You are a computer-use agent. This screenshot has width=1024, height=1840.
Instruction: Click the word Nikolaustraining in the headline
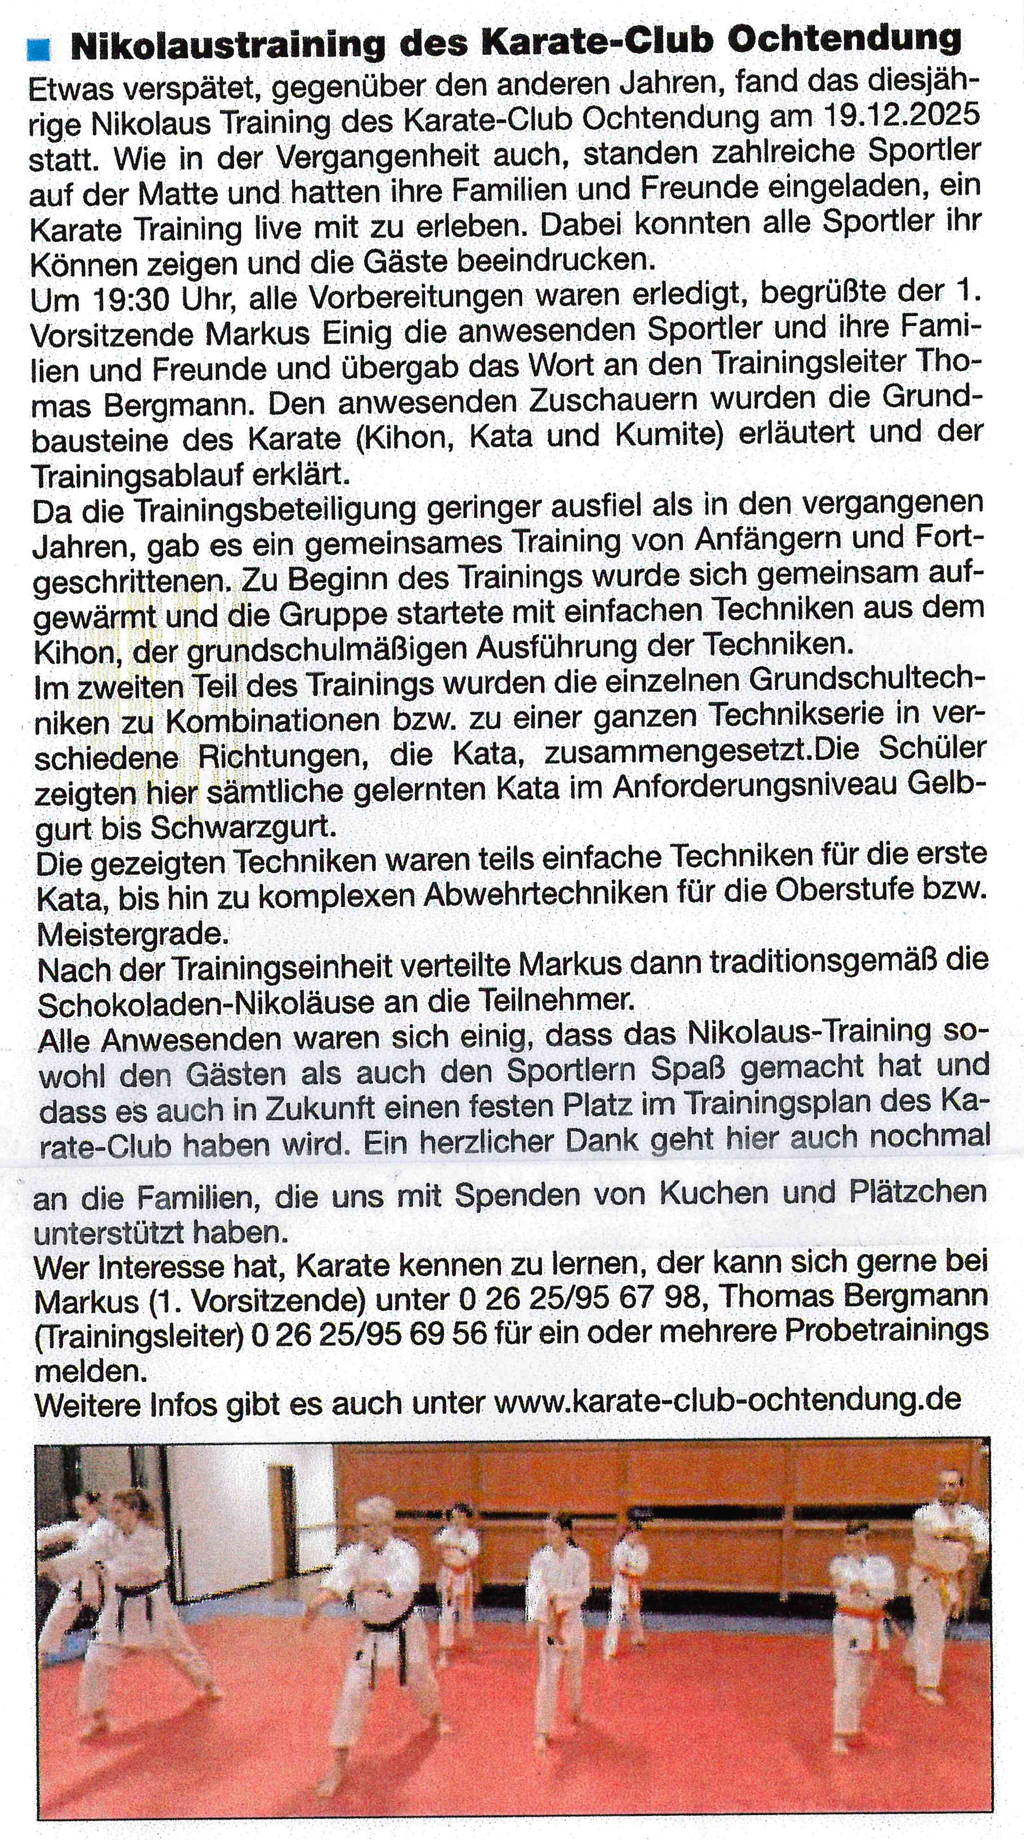pos(228,46)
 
